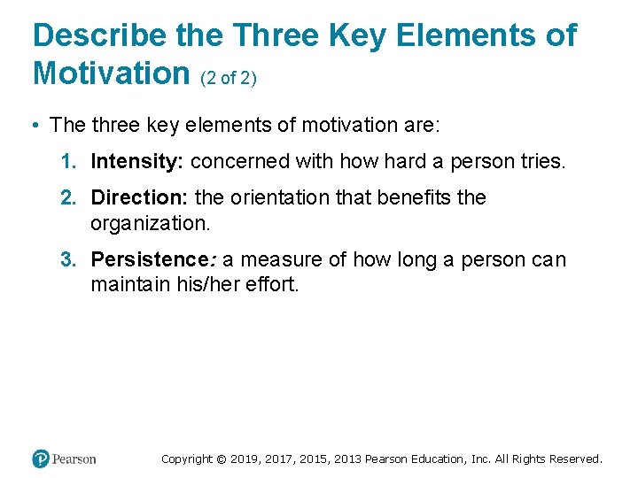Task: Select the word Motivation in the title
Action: pyautogui.click(x=111, y=73)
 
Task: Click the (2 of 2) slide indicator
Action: pyautogui.click(x=229, y=78)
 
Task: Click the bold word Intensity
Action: pyautogui.click(x=137, y=161)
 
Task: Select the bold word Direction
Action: pyautogui.click(x=139, y=197)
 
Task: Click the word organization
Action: pyautogui.click(x=151, y=222)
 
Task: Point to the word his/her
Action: pyautogui.click(x=201, y=285)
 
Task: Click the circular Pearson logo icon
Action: pyautogui.click(x=41, y=459)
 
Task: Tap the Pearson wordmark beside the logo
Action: pyautogui.click(x=74, y=459)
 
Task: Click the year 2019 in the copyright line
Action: pyautogui.click(x=245, y=459)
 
